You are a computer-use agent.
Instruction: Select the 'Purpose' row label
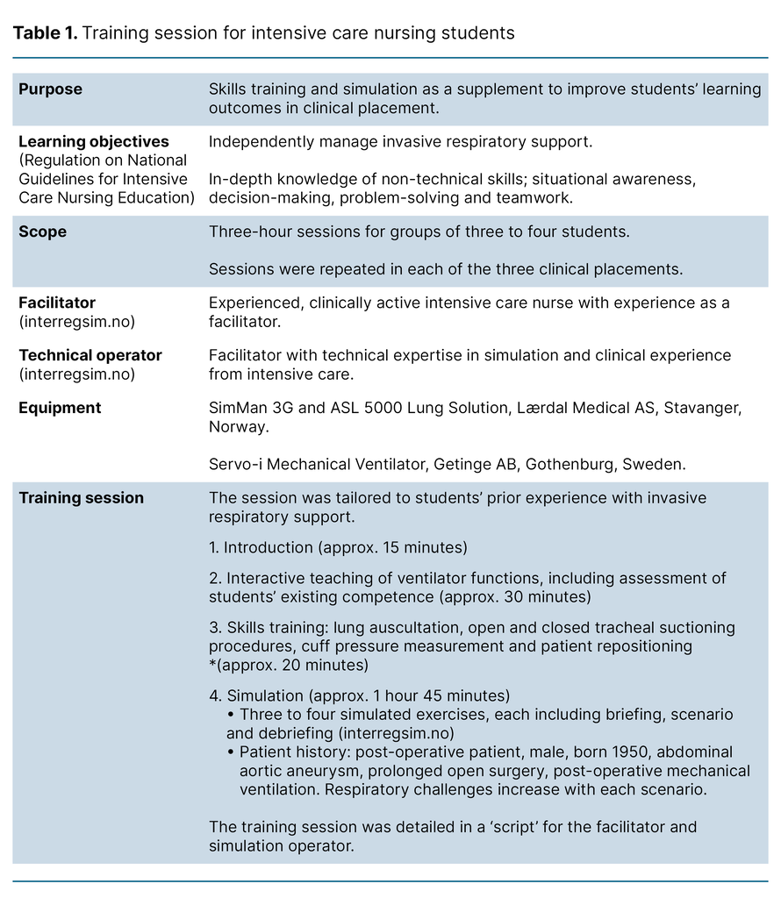(x=50, y=89)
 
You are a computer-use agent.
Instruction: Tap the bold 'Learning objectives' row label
(x=94, y=141)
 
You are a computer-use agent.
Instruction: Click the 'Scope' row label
(x=43, y=232)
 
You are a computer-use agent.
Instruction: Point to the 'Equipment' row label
(x=60, y=408)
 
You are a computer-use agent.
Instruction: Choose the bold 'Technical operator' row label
(x=90, y=355)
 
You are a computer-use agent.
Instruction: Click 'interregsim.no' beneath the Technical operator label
(x=76, y=374)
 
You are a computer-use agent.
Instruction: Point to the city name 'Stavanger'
(x=704, y=408)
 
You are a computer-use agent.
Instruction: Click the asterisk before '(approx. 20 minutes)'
(x=211, y=665)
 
